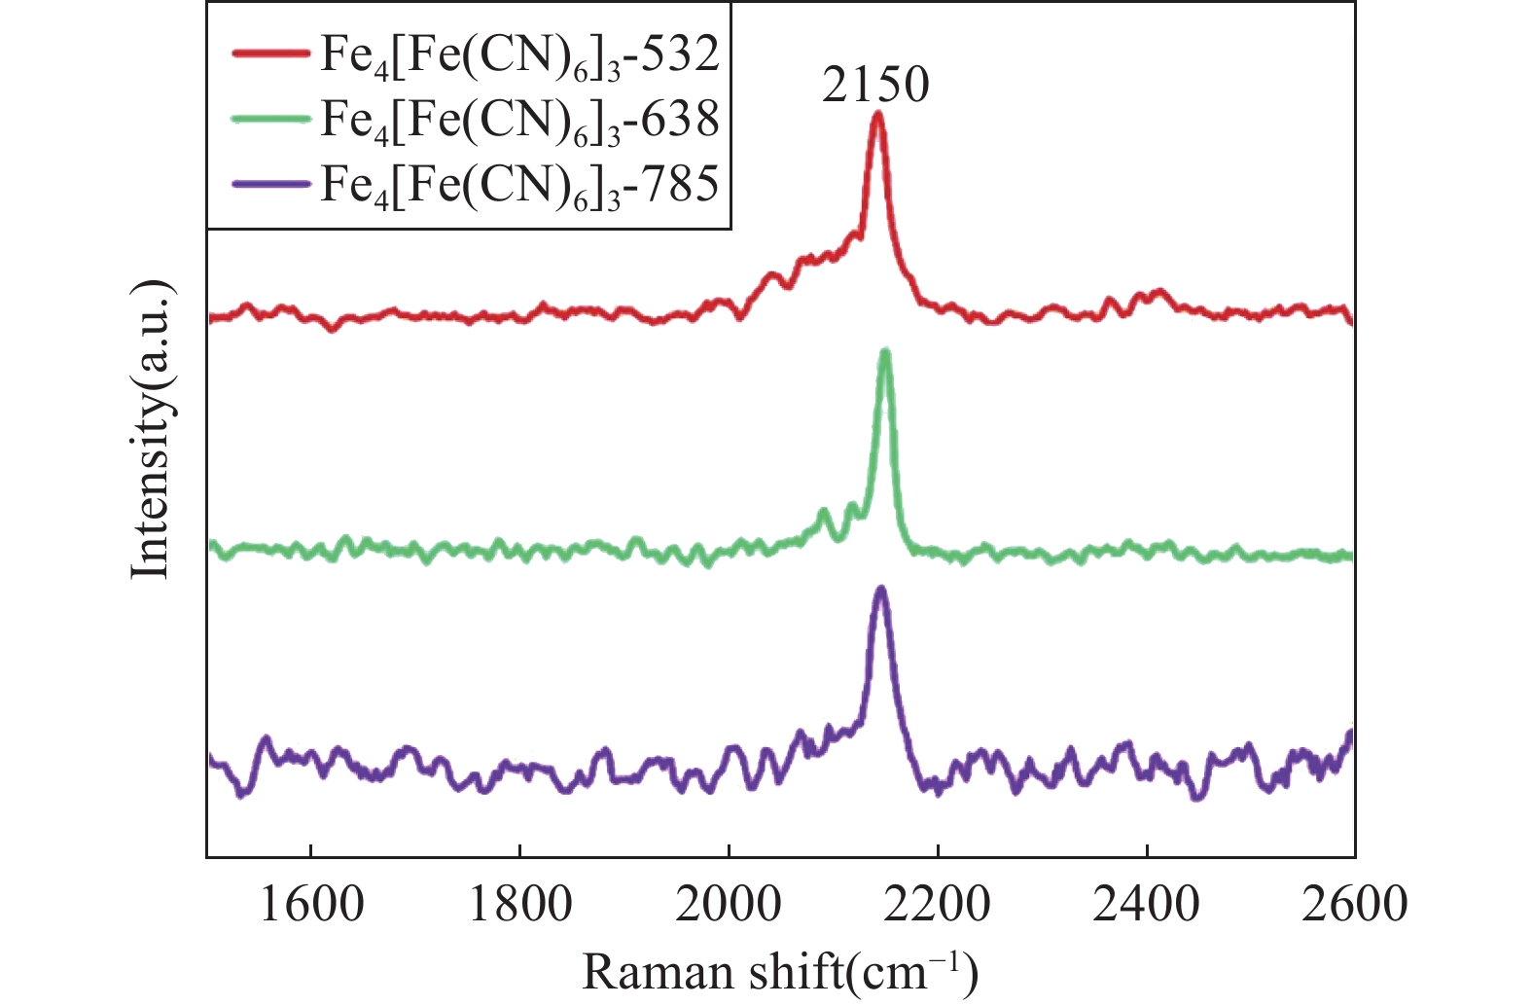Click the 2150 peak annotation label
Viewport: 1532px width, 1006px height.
point(875,85)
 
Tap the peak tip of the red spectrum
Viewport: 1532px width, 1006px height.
point(877,115)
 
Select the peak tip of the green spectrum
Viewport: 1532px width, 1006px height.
point(885,353)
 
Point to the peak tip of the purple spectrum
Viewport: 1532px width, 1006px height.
point(881,590)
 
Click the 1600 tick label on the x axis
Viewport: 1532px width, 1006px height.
point(310,905)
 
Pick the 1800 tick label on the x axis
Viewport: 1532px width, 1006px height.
point(519,905)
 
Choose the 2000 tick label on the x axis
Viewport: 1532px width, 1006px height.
point(729,905)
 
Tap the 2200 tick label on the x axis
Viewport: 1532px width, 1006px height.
point(938,905)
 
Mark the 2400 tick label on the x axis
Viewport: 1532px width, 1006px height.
point(1147,905)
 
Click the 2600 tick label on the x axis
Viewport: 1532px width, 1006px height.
point(1354,905)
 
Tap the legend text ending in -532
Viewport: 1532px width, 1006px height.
point(519,55)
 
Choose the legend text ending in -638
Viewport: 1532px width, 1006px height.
point(519,120)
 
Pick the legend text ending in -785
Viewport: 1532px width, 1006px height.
point(519,184)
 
